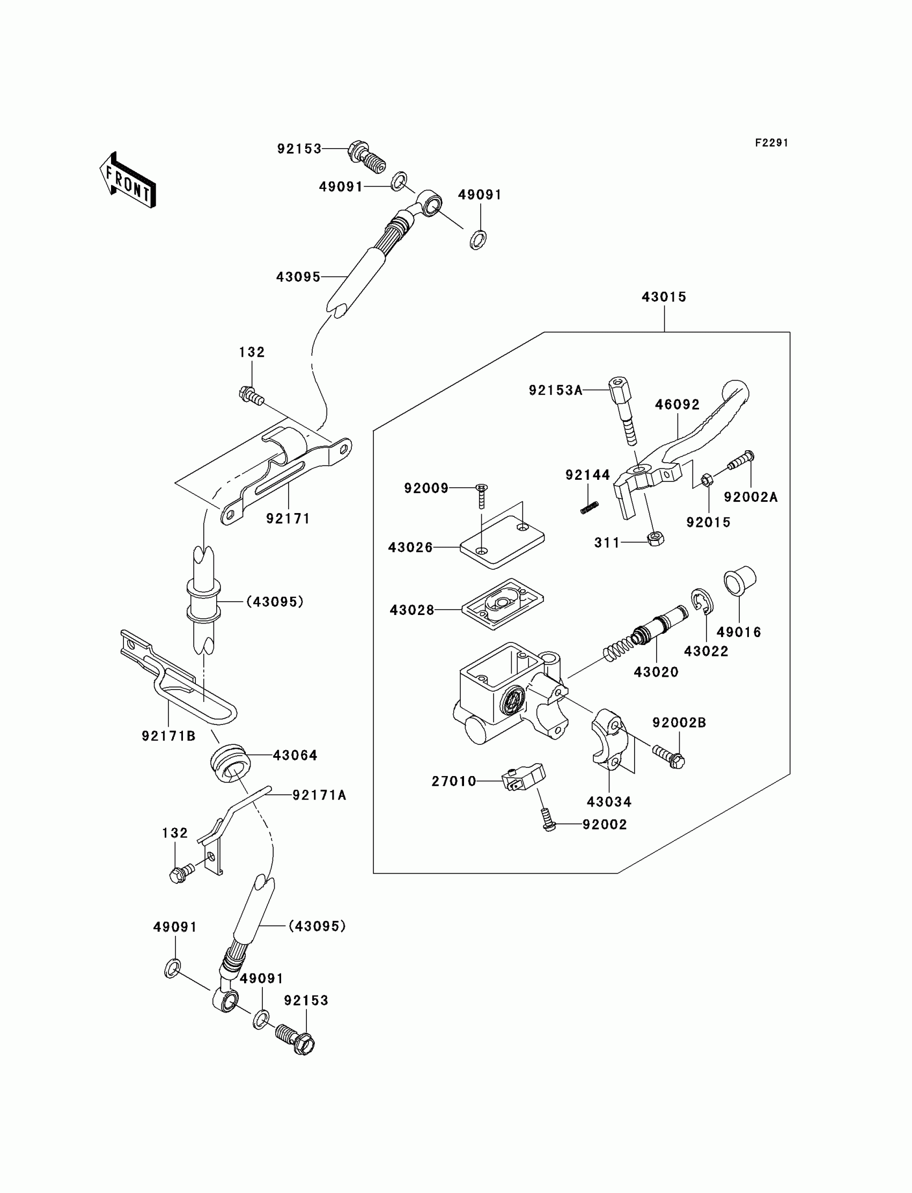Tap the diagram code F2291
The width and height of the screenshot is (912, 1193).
[x=771, y=143]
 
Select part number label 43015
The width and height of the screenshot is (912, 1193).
[x=664, y=297]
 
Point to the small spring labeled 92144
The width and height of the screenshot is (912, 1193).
[x=590, y=508]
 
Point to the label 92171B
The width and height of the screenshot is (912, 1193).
[x=168, y=736]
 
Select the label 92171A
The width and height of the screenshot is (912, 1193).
[x=319, y=795]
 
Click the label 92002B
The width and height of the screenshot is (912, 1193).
[x=679, y=723]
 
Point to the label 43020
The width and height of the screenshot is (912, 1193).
[x=656, y=672]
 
